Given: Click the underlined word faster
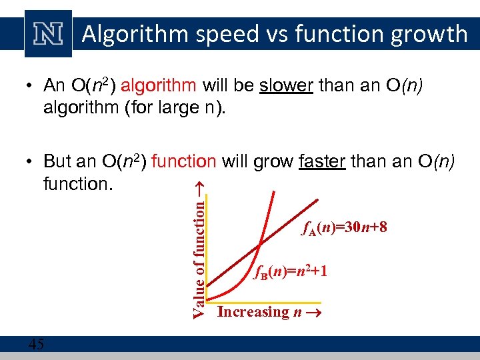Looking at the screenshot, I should pyautogui.click(x=322, y=161).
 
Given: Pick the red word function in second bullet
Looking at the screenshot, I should pyautogui.click(x=184, y=161).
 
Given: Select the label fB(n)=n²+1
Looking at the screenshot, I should pyautogui.click(x=291, y=271).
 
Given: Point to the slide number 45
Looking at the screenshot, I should pyautogui.click(x=37, y=344).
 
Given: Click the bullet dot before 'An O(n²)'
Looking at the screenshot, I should pyautogui.click(x=31, y=86).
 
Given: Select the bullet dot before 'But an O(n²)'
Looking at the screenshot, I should pyautogui.click(x=31, y=162).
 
